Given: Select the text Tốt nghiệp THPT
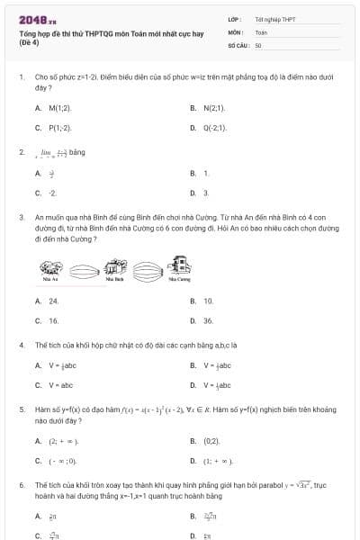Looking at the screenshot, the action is point(274,19).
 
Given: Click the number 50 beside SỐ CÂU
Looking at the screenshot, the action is point(258,43).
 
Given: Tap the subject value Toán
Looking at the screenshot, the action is point(261,31).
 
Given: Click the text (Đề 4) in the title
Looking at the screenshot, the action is point(30,42).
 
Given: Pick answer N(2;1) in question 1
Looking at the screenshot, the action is point(213,108).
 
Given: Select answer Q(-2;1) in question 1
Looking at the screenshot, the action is point(214,128).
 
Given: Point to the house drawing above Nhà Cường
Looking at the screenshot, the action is point(180,263).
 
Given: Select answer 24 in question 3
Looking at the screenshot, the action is point(54,301).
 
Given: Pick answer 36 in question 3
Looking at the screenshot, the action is point(208,320).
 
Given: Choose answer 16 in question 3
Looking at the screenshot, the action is point(54,320).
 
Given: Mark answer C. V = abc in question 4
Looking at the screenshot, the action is point(60,385).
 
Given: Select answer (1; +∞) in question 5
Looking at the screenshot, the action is point(219,461).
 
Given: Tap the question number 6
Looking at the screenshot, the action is point(21,484).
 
